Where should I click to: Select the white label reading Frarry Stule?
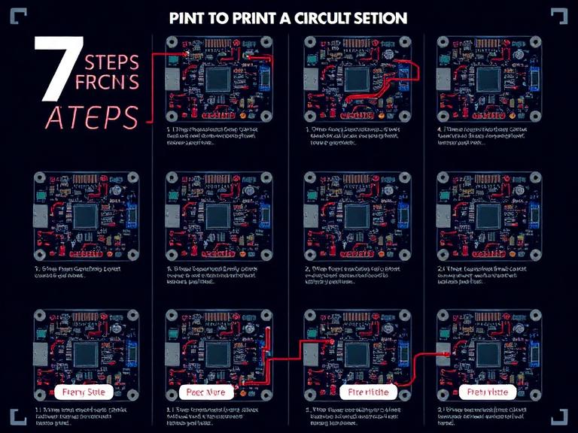pyautogui.click(x=84, y=392)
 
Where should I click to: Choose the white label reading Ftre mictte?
pyautogui.click(x=364, y=392)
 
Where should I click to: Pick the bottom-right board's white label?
pyautogui.click(x=487, y=392)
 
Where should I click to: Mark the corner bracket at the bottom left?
pyautogui.click(x=18, y=416)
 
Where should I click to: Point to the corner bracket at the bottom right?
pyautogui.click(x=559, y=416)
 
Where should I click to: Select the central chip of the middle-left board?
pyautogui.click(x=84, y=216)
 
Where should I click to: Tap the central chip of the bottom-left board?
pyautogui.click(x=84, y=353)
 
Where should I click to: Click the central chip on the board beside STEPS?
pyautogui.click(x=218, y=80)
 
